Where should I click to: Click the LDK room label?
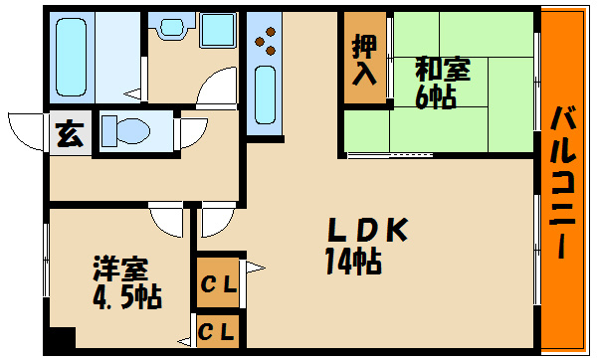(367, 230)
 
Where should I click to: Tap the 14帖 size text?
(353, 262)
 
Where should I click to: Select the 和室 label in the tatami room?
(443, 70)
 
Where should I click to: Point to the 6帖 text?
(436, 96)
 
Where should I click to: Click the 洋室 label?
(120, 269)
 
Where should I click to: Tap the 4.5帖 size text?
(127, 296)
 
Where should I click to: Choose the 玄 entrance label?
(70, 134)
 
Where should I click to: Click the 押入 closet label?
(364, 59)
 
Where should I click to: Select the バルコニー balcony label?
(562, 182)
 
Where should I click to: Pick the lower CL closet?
(217, 331)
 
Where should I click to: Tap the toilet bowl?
(126, 131)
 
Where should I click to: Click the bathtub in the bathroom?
(71, 57)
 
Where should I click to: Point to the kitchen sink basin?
(265, 94)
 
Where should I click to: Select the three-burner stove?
(266, 41)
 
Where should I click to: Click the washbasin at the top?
(171, 26)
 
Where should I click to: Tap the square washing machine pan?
(217, 30)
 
